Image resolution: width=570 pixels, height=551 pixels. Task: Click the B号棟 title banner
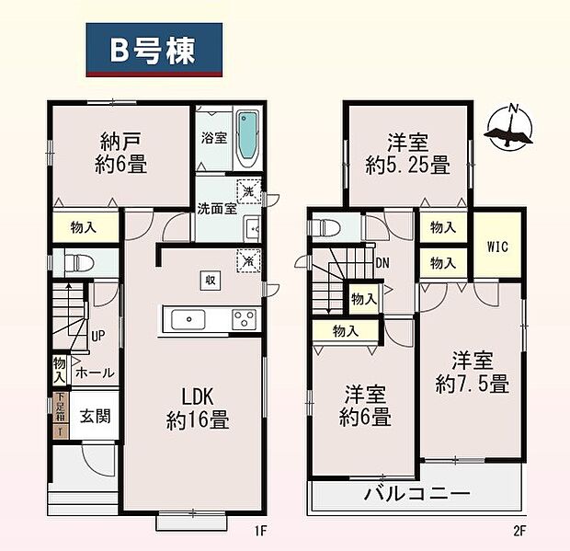coord(154,52)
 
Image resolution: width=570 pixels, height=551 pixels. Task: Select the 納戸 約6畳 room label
coord(122,154)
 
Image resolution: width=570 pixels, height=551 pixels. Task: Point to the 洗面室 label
coord(217,208)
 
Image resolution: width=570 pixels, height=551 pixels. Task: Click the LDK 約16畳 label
coord(198,409)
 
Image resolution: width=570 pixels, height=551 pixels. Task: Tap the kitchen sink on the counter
coord(190,318)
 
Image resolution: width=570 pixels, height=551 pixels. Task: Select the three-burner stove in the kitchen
coord(244,319)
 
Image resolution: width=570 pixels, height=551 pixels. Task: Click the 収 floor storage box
coord(211,280)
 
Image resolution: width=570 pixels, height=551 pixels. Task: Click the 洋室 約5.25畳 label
coord(406,154)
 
